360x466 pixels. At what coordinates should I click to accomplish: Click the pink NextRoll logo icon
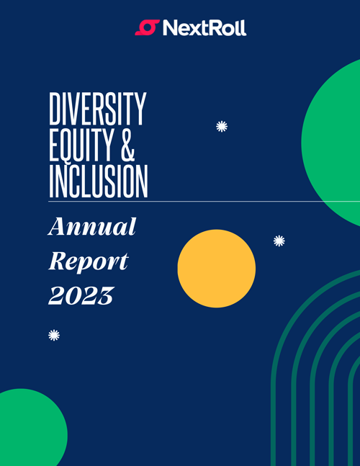[148, 27]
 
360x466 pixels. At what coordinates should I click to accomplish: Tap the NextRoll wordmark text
[204, 28]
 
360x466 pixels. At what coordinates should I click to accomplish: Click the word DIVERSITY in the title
[98, 109]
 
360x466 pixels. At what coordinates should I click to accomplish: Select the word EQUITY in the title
[81, 145]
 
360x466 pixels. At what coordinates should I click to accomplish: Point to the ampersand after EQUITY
[127, 145]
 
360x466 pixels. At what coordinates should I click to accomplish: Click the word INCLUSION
[99, 182]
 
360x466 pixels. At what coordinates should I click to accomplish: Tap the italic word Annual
[92, 226]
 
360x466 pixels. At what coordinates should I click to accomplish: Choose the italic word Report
[89, 261]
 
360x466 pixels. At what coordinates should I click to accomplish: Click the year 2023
[81, 296]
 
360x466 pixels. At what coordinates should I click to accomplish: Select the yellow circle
[217, 269]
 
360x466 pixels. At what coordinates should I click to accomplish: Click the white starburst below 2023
[54, 335]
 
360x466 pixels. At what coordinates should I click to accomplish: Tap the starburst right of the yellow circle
[279, 241]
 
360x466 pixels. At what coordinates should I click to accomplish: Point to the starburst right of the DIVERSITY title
[222, 126]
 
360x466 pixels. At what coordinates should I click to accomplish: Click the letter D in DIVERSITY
[54, 109]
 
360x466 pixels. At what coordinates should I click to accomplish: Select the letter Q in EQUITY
[68, 145]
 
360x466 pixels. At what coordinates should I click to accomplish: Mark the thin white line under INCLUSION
[204, 201]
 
